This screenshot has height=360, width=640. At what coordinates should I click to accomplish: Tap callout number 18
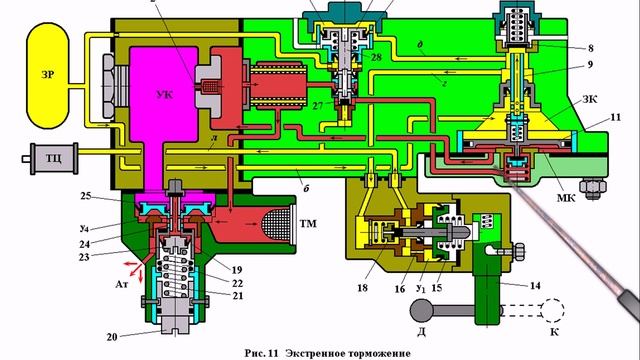tap(361, 290)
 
